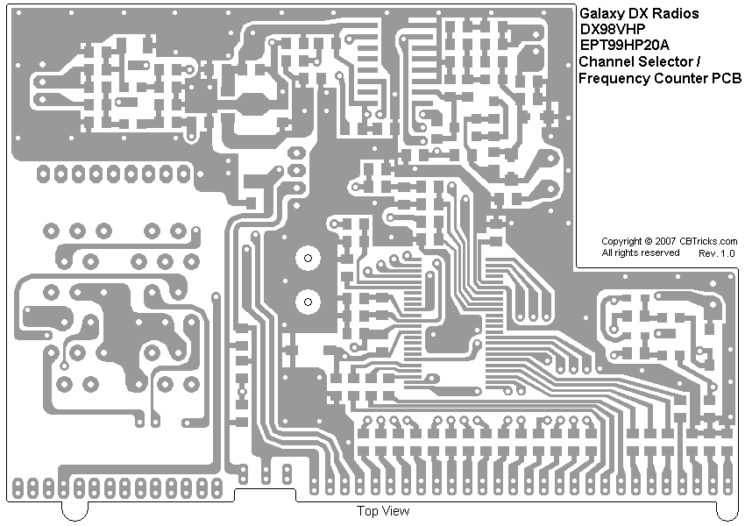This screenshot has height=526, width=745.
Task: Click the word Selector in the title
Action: pyautogui.click(x=662, y=62)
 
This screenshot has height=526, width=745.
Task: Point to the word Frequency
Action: pyautogui.click(x=614, y=79)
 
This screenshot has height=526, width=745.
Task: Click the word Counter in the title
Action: pyautogui.click(x=681, y=79)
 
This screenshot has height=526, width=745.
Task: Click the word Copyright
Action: pyautogui.click(x=621, y=241)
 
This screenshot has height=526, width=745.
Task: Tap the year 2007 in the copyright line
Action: pyautogui.click(x=665, y=241)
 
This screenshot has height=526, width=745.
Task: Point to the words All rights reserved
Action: pyautogui.click(x=640, y=253)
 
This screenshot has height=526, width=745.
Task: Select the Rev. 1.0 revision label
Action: pyautogui.click(x=717, y=253)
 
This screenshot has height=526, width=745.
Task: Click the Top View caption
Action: pyautogui.click(x=382, y=511)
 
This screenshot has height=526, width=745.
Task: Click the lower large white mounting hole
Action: pyautogui.click(x=308, y=302)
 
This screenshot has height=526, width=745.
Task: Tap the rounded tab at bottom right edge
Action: pyautogui.click(x=727, y=510)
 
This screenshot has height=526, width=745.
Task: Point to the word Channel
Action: pyautogui.click(x=604, y=62)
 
